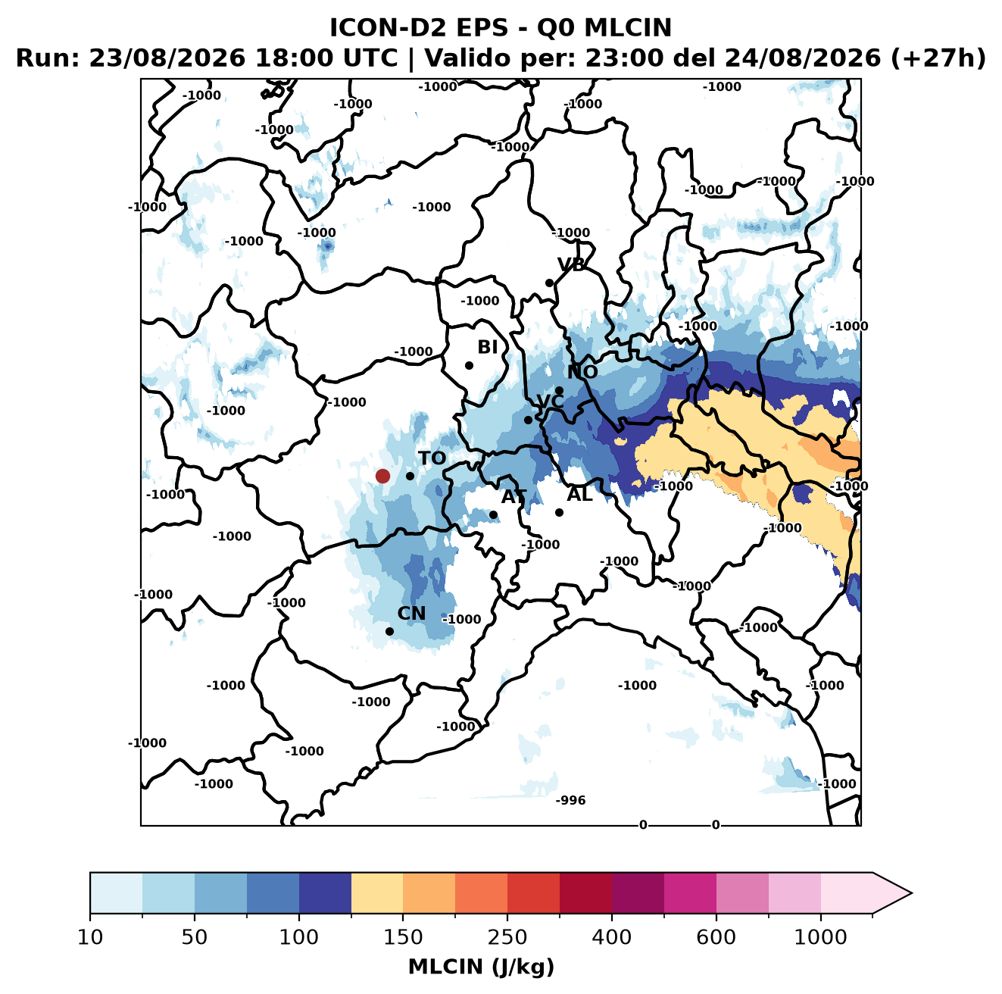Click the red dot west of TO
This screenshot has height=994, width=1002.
(382, 476)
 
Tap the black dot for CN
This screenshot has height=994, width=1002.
(389, 631)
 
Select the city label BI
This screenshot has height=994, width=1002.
(488, 347)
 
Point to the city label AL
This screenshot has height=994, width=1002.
(579, 494)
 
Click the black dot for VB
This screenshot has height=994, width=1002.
(549, 283)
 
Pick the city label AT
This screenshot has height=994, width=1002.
(514, 497)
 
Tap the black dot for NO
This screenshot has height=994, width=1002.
(559, 390)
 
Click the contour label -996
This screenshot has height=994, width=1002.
(570, 800)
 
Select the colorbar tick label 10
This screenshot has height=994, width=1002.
(90, 937)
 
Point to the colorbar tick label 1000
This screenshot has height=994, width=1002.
(820, 937)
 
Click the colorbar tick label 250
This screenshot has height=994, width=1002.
(507, 937)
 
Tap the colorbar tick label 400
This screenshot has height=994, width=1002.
(611, 937)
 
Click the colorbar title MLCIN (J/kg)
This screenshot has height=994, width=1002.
(481, 967)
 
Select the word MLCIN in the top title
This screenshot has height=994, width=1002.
(628, 27)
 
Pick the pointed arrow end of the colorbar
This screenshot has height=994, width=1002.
(911, 893)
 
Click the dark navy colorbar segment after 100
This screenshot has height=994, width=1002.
(325, 893)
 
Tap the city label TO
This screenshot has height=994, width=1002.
(432, 458)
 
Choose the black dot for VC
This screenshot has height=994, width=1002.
(528, 420)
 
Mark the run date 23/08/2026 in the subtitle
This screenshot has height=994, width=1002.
(167, 58)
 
